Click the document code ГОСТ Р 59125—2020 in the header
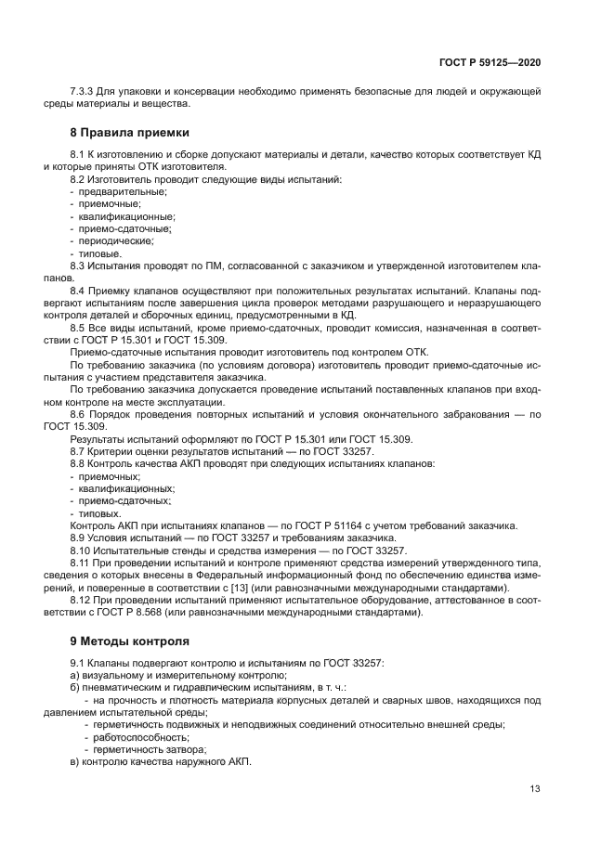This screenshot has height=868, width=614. (490, 62)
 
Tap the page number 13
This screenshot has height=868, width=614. (535, 789)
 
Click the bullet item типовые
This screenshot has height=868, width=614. (100, 253)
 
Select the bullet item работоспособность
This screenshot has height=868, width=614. (133, 737)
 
